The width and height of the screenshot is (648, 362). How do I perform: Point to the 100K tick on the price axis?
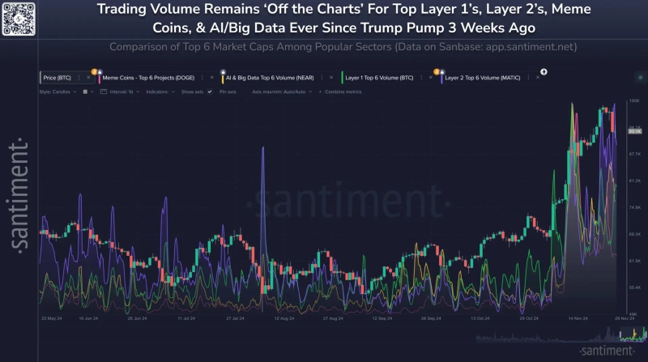click(x=634, y=100)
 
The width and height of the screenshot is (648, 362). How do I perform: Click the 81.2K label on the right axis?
click(x=634, y=181)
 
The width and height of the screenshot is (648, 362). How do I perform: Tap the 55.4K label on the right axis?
click(x=634, y=287)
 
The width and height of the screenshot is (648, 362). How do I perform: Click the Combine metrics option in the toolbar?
click(x=343, y=92)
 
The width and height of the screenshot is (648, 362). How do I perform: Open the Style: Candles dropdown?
click(x=57, y=92)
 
